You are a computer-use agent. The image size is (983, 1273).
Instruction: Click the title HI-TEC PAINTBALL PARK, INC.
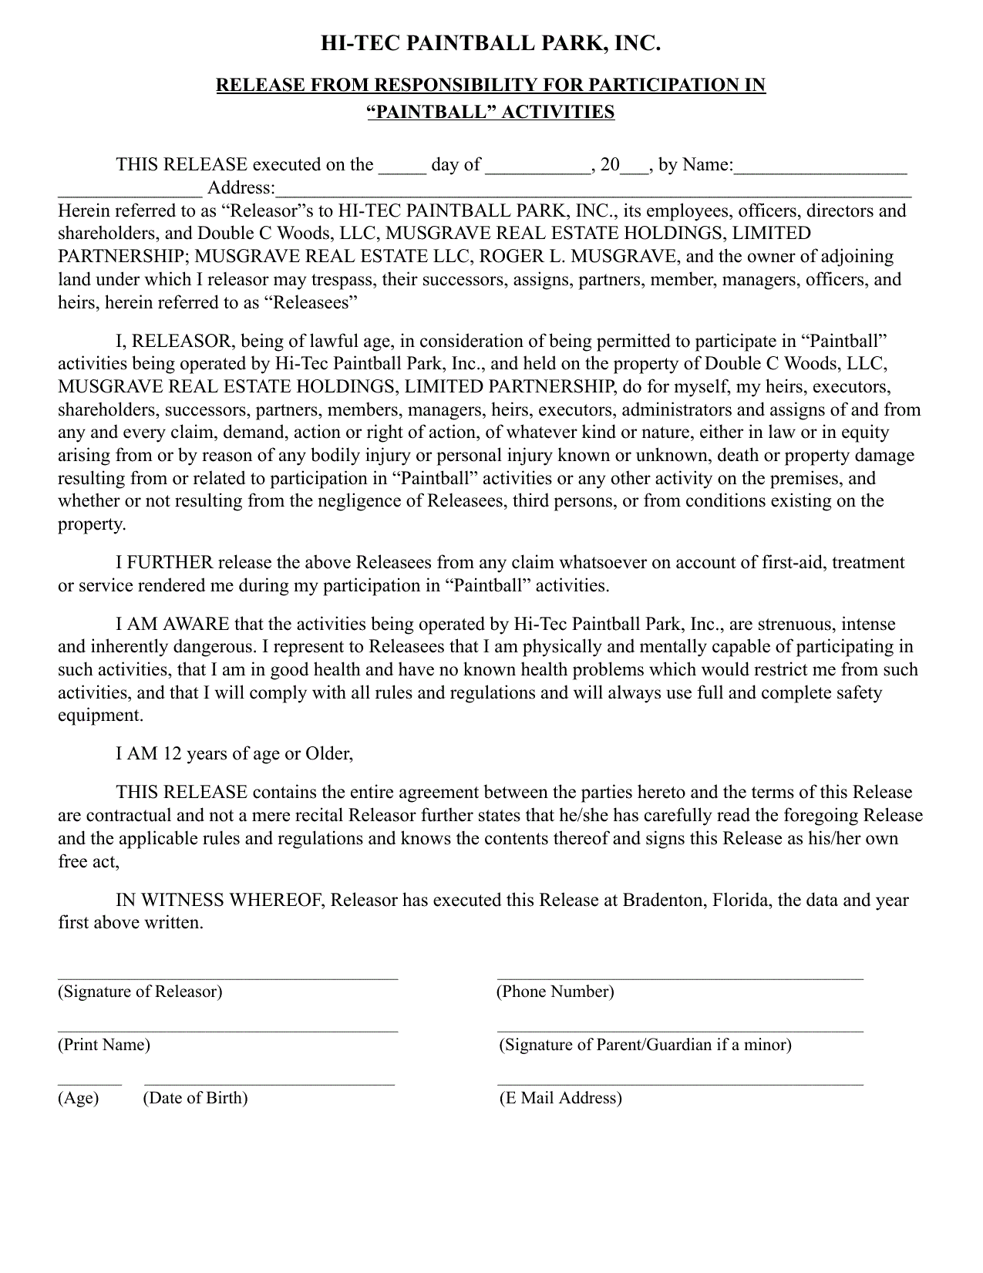tap(490, 44)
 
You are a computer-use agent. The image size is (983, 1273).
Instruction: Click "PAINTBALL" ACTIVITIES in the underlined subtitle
tap(490, 112)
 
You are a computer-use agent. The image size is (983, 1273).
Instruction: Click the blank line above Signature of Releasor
tap(227, 978)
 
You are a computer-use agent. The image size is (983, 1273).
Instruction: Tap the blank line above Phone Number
tap(679, 978)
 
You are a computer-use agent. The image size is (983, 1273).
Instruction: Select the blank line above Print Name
tap(227, 1031)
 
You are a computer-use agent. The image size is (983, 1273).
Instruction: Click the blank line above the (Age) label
tap(89, 1083)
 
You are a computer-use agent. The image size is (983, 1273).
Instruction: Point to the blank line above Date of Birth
tap(269, 1083)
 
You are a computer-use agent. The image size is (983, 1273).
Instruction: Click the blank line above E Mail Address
tap(679, 1083)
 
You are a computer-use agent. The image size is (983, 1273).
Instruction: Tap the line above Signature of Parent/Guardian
tap(679, 1031)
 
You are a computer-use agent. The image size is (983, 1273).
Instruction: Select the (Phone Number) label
tap(555, 992)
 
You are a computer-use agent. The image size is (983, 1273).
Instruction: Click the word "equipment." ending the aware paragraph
tap(100, 716)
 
